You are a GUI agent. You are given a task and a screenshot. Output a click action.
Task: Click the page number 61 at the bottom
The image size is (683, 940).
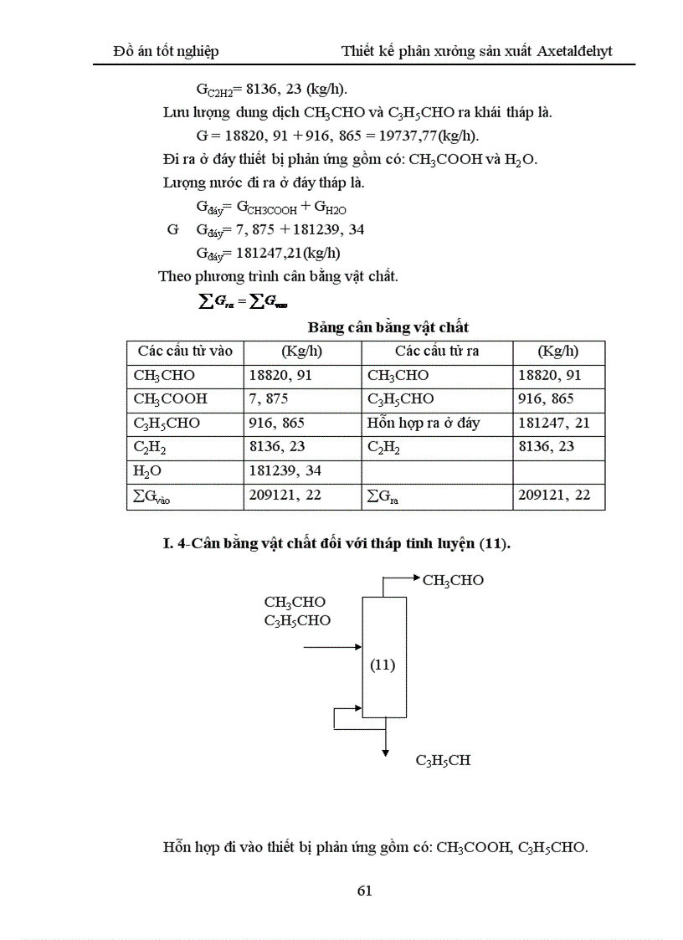tap(364, 890)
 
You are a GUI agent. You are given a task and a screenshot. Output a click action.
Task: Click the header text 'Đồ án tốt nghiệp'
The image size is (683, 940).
tap(166, 51)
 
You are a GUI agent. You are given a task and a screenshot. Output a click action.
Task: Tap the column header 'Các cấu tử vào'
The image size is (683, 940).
tap(185, 352)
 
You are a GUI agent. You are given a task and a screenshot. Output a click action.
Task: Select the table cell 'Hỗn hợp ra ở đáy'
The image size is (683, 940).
tap(424, 424)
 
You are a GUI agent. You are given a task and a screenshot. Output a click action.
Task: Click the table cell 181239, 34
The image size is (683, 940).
tap(285, 471)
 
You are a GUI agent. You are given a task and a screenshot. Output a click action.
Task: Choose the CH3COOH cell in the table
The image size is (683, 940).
tap(171, 399)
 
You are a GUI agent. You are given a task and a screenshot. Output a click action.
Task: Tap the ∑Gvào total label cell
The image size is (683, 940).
tap(159, 496)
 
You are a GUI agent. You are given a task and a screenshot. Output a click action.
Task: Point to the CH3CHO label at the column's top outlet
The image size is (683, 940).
tap(453, 580)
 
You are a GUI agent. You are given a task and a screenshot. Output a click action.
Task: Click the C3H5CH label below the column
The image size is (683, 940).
tap(443, 761)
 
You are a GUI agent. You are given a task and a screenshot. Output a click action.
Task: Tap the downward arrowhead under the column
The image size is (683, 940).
tap(385, 752)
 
